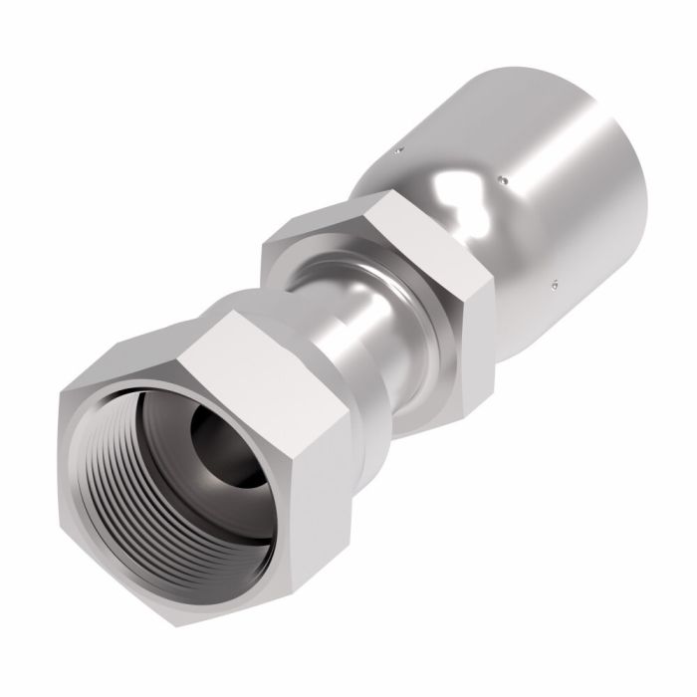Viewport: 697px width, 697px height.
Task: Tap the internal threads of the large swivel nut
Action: click(x=149, y=468)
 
